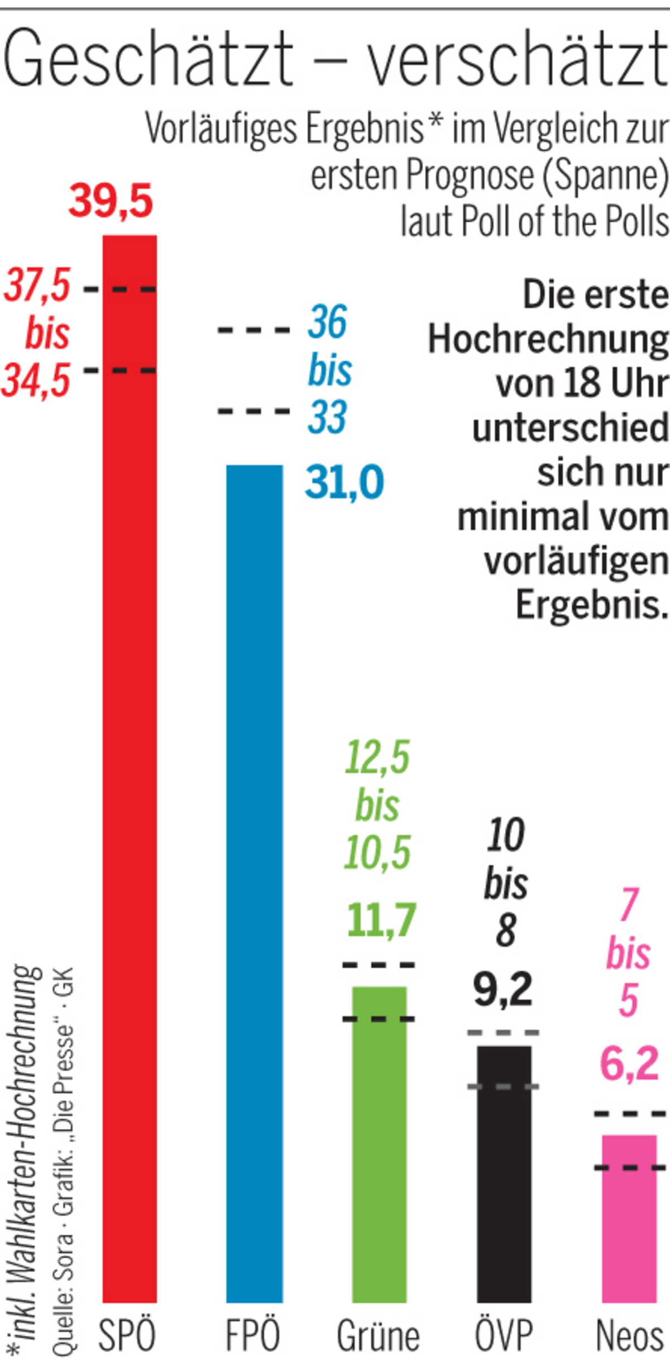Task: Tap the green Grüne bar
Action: tap(380, 1146)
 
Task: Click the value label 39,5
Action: tap(111, 202)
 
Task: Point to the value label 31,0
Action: tap(344, 482)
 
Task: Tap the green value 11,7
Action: tap(381, 920)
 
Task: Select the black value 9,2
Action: tap(503, 989)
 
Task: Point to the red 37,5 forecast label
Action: tap(37, 285)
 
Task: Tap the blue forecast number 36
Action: tap(328, 322)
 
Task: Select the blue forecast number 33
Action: tap(328, 417)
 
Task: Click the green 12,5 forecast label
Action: tap(377, 758)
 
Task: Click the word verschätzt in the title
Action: tap(516, 59)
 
